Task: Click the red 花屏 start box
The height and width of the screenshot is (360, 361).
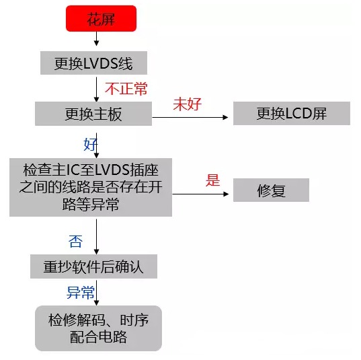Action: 101,18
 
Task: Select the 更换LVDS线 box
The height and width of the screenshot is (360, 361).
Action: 93,63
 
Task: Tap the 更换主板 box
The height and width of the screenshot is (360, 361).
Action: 93,114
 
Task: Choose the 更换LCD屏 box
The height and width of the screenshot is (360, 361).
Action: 292,114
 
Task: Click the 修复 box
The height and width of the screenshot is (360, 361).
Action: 271,190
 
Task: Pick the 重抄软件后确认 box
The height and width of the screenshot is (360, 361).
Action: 93,266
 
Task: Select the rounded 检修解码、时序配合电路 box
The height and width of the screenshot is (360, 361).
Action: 98,328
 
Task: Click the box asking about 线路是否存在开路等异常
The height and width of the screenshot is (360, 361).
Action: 91,187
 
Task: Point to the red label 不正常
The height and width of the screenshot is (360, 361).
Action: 126,89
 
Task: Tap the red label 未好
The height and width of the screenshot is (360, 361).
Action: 188,104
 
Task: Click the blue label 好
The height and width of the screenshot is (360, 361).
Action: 90,144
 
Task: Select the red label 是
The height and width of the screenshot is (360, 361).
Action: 212,180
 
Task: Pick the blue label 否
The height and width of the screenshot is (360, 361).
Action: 75,242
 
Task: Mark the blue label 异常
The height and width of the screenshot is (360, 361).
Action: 81,293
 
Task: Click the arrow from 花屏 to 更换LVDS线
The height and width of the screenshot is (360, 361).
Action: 96,39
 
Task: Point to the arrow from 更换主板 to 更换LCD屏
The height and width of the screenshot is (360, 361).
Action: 190,117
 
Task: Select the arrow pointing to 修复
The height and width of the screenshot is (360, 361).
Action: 200,194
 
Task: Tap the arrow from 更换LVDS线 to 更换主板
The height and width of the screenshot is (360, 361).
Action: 96,89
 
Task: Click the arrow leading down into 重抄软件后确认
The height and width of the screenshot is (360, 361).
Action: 96,237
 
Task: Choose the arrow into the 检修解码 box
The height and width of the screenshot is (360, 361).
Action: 96,293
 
